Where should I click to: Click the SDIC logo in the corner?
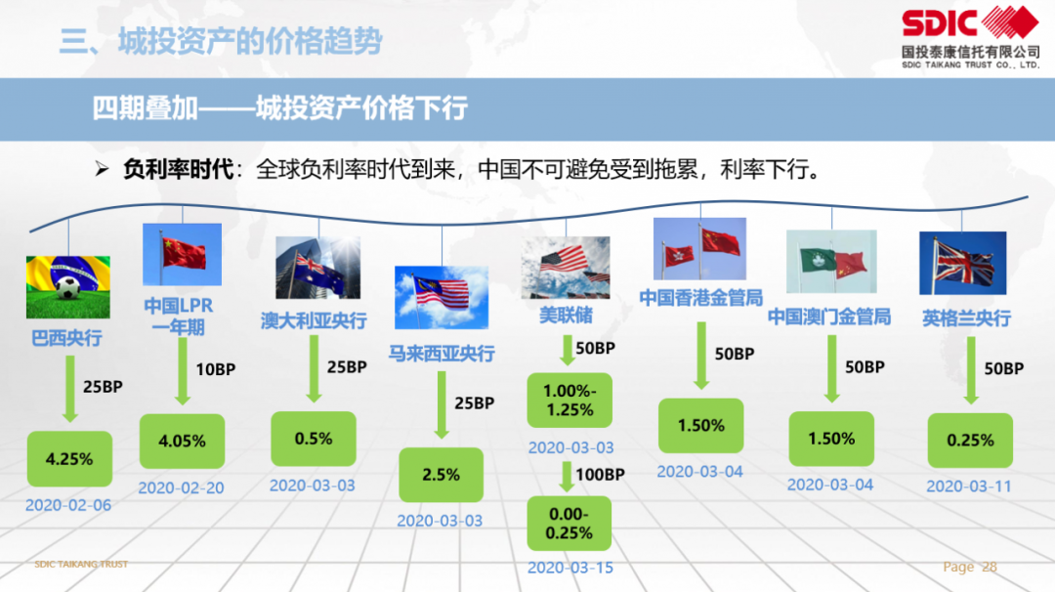click(970, 36)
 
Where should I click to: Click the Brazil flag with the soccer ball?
click(68, 286)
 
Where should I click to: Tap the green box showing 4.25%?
click(69, 459)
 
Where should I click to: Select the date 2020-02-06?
click(68, 505)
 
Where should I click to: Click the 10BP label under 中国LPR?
click(215, 369)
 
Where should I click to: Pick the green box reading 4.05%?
click(182, 442)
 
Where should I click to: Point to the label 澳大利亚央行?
click(314, 320)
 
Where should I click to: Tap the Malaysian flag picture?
click(442, 297)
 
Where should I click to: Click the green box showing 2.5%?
click(441, 475)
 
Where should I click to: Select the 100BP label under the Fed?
click(600, 474)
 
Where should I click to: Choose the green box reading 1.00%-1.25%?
click(570, 401)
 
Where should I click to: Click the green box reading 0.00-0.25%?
click(570, 524)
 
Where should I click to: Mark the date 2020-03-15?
click(570, 568)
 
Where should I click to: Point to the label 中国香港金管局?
click(701, 298)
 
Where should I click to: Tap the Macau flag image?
click(831, 262)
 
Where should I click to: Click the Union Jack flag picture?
click(963, 263)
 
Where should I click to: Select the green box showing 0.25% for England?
click(970, 441)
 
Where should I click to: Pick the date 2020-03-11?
click(968, 486)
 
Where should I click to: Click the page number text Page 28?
click(970, 568)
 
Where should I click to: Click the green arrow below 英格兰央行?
click(971, 370)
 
